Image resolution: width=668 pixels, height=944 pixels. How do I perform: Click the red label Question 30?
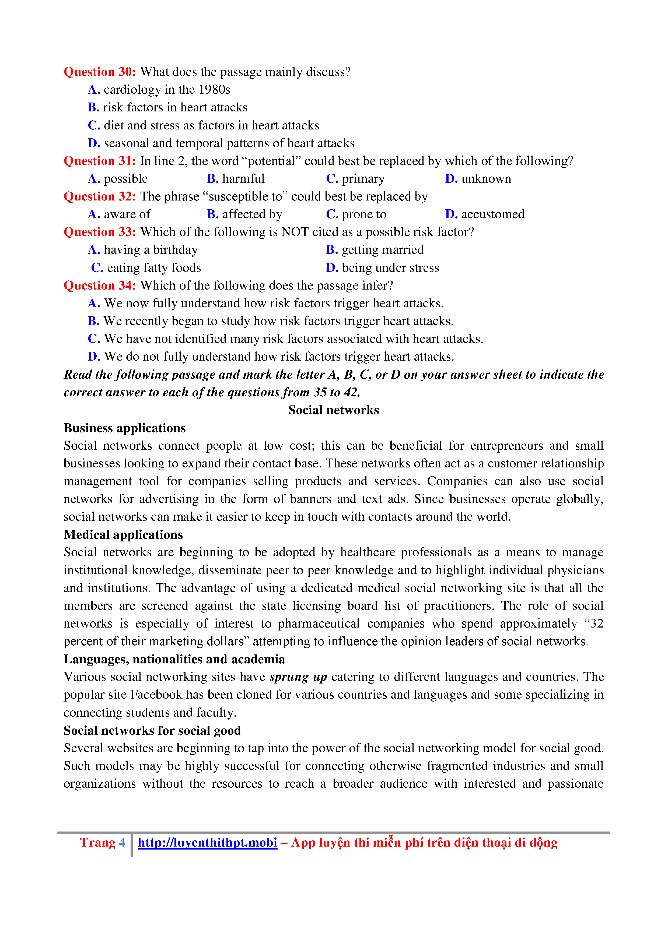(x=100, y=72)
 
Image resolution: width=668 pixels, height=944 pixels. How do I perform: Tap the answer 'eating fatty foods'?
(x=153, y=268)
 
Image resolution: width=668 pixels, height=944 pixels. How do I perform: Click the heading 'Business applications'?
(x=125, y=428)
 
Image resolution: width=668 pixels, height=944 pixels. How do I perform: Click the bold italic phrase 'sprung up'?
(x=298, y=677)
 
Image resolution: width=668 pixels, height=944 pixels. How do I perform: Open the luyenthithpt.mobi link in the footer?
(x=207, y=843)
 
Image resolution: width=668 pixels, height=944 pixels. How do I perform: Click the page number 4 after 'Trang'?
(x=122, y=843)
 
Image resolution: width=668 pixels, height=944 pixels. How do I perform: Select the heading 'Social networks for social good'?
(x=152, y=731)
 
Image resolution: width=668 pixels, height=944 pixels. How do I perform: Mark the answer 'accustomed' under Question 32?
(x=492, y=214)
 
